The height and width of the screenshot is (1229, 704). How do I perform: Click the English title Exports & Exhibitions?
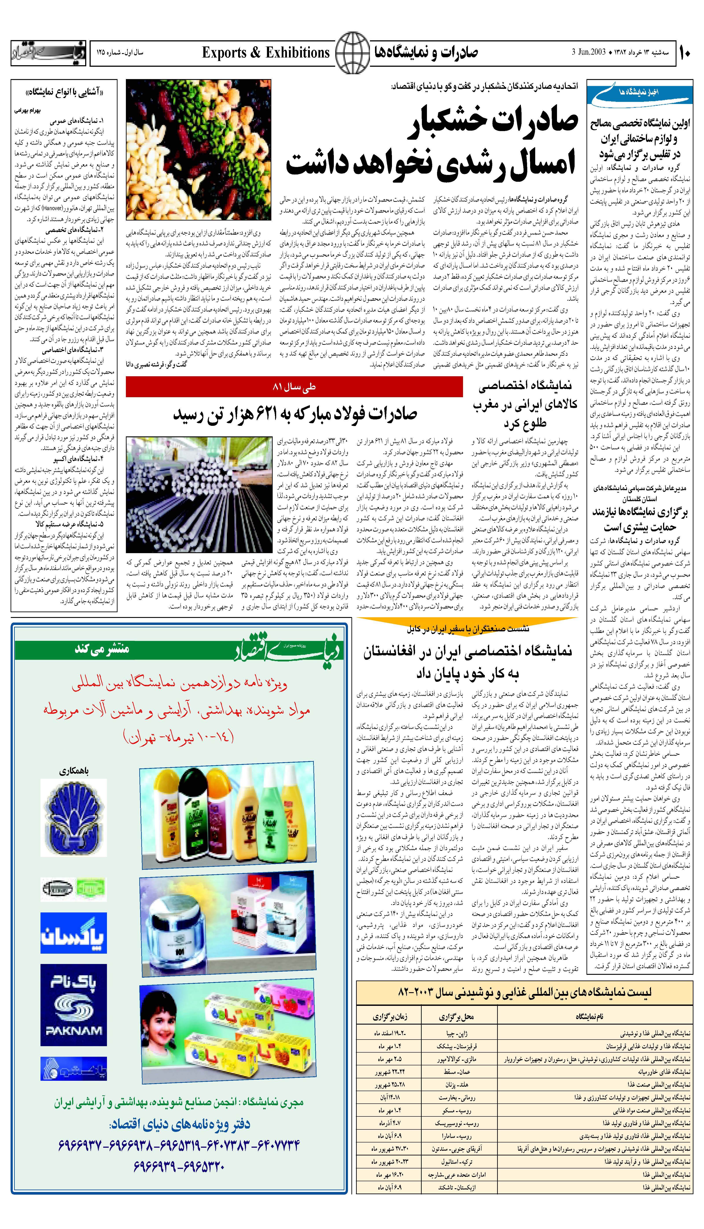(265, 52)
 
